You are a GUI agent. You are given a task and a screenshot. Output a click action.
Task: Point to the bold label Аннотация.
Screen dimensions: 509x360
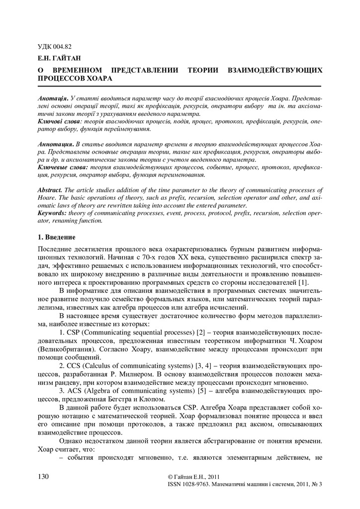pyautogui.click(x=56, y=143)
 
